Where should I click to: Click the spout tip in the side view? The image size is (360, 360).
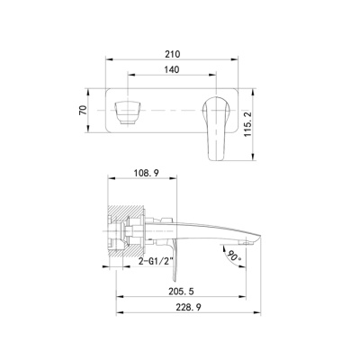[255, 240]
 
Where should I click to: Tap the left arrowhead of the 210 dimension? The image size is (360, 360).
[111, 61]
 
